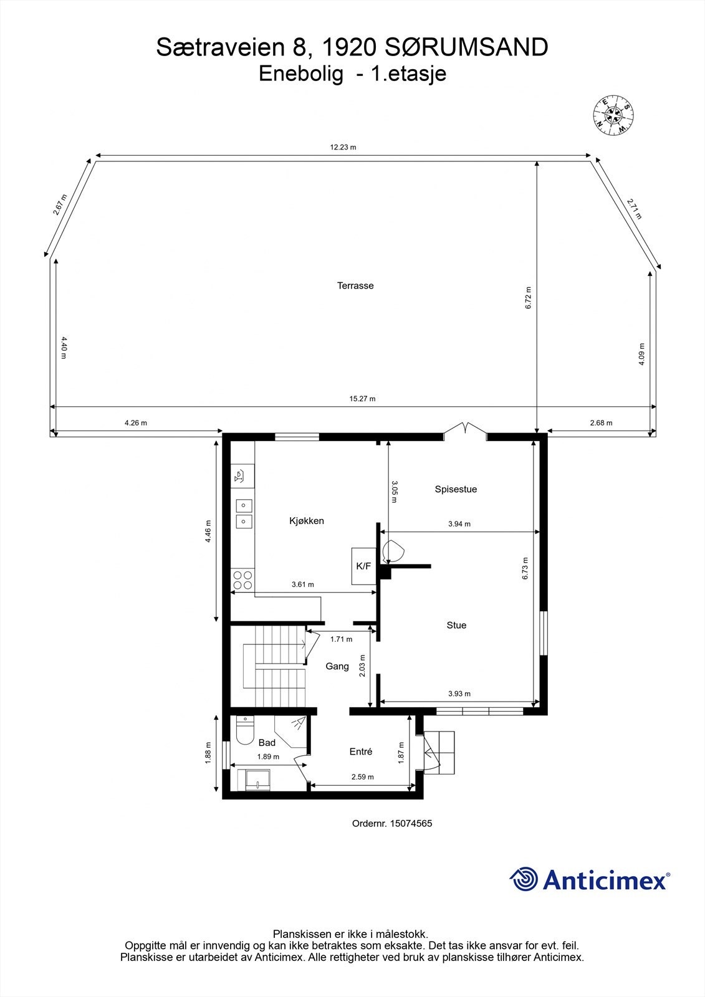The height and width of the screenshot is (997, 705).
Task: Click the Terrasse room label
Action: point(355,286)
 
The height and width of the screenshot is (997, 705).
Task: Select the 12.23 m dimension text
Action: point(343,148)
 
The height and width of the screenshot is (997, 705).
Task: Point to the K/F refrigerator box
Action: point(363,566)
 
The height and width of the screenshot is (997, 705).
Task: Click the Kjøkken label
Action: point(306,521)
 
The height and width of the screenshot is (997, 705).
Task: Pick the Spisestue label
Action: point(456,489)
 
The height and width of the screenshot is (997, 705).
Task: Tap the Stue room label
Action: point(456,625)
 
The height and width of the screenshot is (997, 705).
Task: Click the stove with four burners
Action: point(242,581)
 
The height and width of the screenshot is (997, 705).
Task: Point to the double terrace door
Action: point(464,429)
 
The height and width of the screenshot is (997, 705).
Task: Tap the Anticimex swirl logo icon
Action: point(524,879)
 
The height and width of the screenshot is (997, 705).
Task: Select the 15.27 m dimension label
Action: point(363,399)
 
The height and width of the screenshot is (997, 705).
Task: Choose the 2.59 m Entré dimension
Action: point(362,777)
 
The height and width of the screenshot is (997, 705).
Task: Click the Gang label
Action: point(337,666)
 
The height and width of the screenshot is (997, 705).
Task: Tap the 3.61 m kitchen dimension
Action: point(303,584)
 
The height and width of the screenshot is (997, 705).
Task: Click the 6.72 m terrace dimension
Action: point(529,298)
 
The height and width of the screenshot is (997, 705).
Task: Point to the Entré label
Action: point(361,751)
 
